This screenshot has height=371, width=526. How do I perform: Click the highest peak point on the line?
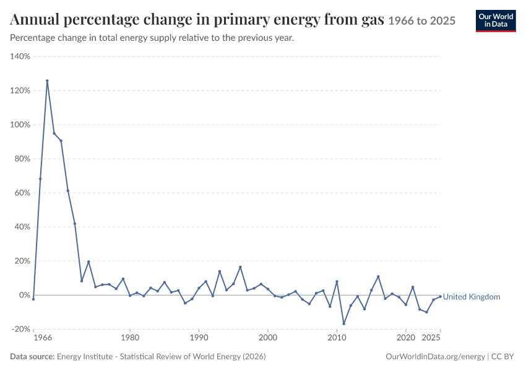tap(47, 81)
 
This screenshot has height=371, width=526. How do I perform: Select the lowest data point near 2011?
tap(343, 324)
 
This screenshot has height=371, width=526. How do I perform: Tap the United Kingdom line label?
tap(472, 297)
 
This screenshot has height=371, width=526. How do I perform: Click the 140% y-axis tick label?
tap(20, 56)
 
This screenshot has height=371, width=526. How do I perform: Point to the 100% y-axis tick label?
tap(20, 125)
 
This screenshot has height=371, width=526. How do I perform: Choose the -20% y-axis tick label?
tap(21, 329)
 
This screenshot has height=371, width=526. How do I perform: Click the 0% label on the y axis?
tap(25, 295)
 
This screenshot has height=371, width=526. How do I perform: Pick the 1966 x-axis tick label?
tap(43, 338)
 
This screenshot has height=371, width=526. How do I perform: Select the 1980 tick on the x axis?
tap(130, 338)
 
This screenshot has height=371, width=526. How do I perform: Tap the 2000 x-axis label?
tap(268, 338)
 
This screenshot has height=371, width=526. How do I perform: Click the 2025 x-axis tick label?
tap(431, 338)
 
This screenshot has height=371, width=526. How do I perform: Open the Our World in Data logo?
tap(496, 21)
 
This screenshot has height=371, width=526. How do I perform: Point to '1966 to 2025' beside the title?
tap(421, 21)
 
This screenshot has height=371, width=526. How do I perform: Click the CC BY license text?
tap(502, 357)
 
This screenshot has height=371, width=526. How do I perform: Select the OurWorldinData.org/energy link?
tap(435, 357)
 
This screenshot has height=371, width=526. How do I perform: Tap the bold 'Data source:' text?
tap(32, 357)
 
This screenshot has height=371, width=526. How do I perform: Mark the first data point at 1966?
tap(33, 299)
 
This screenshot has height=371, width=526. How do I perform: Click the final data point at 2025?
tap(440, 297)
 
